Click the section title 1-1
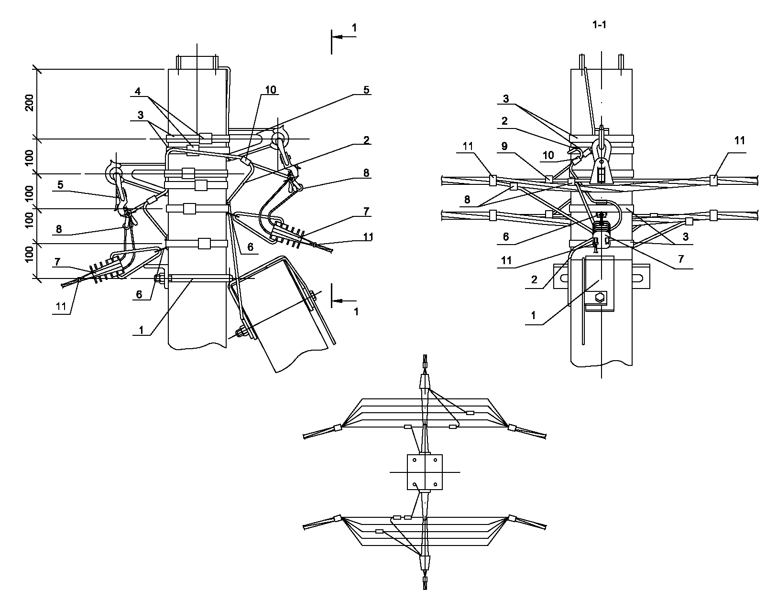[599, 25]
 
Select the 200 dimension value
[30, 103]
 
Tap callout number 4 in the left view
[138, 91]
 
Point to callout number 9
[504, 146]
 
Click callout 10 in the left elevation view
[271, 90]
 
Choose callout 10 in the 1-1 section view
[548, 155]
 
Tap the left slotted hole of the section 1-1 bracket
[564, 277]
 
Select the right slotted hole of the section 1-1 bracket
[639, 277]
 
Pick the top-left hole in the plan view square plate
[415, 460]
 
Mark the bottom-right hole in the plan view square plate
[435, 484]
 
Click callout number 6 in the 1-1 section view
[505, 236]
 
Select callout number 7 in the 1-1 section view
[681, 259]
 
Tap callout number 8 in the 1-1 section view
[467, 199]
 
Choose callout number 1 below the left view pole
[141, 330]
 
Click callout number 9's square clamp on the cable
[549, 179]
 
